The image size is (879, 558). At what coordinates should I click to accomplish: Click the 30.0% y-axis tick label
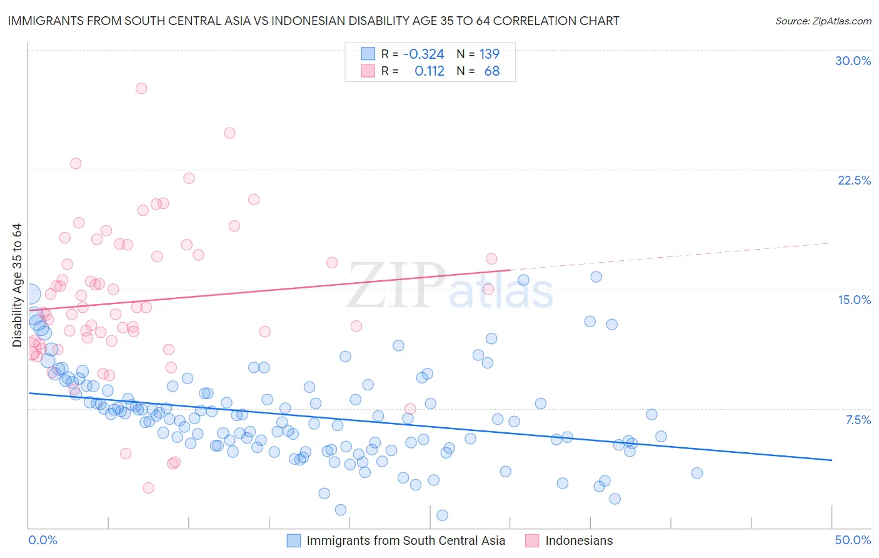[x=853, y=61]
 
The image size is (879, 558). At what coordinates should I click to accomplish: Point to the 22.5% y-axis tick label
[x=854, y=180]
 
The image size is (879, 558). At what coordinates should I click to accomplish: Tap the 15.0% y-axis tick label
[x=854, y=300]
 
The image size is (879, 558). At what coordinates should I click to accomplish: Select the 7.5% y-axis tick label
[x=858, y=420]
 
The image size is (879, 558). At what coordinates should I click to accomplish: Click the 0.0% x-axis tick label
[x=43, y=540]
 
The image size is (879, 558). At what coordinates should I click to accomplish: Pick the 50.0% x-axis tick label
[x=853, y=540]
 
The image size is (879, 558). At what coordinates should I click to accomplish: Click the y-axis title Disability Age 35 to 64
[x=17, y=285]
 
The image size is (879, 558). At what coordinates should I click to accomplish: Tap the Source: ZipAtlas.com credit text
[x=823, y=21]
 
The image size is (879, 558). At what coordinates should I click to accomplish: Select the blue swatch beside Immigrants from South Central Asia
[x=294, y=540]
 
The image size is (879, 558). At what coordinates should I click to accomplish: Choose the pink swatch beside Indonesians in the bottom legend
[x=532, y=540]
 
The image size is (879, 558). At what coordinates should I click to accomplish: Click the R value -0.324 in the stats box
[x=423, y=54]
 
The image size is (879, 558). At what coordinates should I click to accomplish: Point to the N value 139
[x=489, y=54]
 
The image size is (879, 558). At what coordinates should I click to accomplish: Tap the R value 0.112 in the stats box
[x=429, y=71]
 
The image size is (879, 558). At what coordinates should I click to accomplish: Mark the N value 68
[x=491, y=71]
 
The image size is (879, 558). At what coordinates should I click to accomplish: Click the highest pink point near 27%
[x=141, y=88]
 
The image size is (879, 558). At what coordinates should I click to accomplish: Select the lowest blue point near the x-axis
[x=442, y=515]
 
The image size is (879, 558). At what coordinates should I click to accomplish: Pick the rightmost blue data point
[x=697, y=473]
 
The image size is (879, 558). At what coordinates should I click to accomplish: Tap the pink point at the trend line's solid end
[x=491, y=259]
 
